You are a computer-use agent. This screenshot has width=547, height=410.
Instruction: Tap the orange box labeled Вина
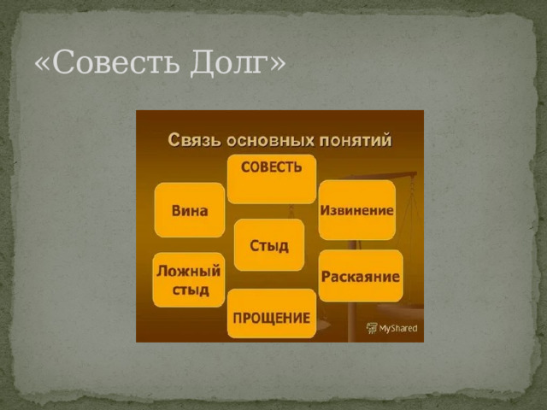(190, 210)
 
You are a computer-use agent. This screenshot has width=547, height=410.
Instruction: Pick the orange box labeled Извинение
(357, 210)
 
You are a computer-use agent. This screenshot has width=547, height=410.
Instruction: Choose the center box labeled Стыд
(269, 245)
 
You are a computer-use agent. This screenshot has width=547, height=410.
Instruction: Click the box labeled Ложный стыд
(189, 278)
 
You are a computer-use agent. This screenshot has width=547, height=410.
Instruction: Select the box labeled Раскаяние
(361, 275)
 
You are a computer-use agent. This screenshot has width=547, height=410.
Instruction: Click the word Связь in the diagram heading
(191, 138)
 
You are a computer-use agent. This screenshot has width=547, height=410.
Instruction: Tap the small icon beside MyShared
(372, 327)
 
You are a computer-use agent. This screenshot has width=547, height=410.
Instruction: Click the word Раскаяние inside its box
(361, 276)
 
